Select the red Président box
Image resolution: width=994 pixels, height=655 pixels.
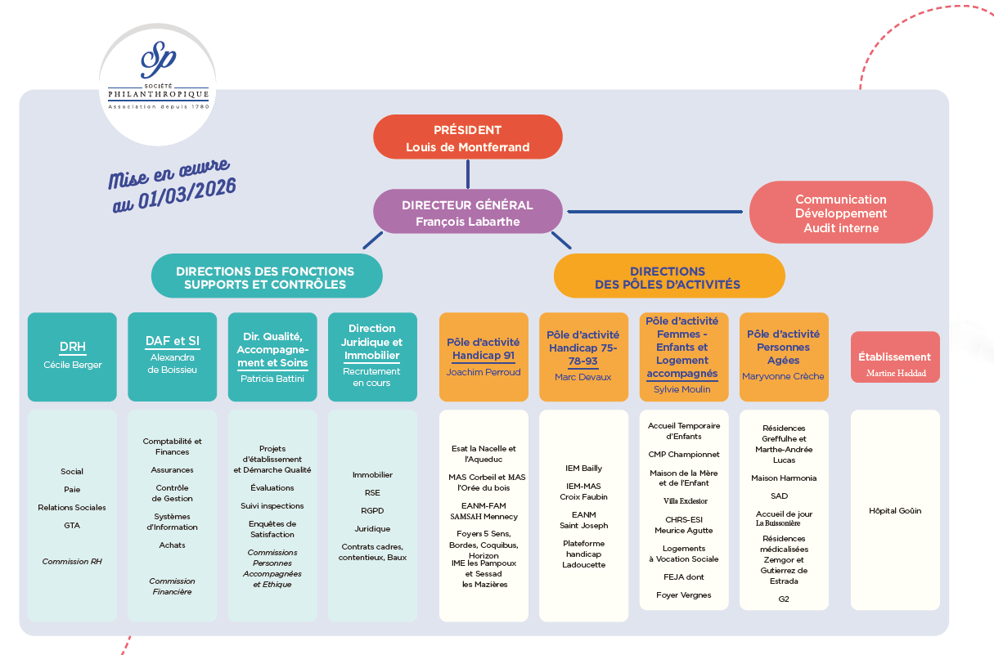[467, 137]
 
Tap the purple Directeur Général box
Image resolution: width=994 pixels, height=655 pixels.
[467, 213]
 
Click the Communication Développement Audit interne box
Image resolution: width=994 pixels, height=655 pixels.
[840, 213]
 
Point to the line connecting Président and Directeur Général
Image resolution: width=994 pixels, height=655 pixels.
[468, 174]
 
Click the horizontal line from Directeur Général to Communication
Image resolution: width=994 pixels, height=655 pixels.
[656, 212]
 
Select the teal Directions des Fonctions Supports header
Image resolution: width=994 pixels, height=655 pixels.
[265, 277]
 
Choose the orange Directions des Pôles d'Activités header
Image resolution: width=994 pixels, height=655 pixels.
[668, 277]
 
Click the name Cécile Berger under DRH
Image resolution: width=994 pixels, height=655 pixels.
[73, 365]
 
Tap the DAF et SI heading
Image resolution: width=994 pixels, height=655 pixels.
[172, 342]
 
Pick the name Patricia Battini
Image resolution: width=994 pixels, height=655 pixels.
[272, 379]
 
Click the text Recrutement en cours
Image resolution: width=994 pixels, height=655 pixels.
[372, 377]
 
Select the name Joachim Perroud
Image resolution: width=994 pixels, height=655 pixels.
[484, 372]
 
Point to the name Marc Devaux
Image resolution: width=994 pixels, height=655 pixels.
[583, 377]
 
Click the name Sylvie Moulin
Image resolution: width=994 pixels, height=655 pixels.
[682, 389]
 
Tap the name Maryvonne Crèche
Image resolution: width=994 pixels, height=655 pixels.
[783, 376]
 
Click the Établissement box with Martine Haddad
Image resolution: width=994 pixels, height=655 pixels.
[895, 357]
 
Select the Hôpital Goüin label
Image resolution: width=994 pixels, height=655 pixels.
[895, 511]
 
